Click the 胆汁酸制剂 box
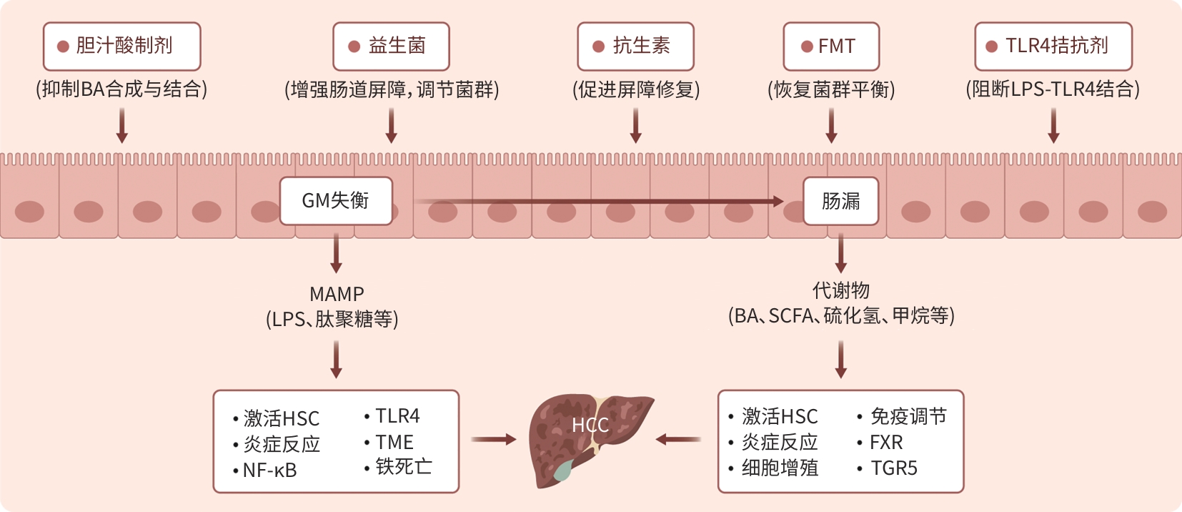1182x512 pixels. (x=121, y=46)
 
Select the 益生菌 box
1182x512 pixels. (x=391, y=46)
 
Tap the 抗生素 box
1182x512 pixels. (x=635, y=46)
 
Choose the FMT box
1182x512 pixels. (x=831, y=46)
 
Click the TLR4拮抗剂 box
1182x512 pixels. (x=1053, y=46)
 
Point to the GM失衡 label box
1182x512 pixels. (x=336, y=201)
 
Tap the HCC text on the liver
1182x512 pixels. (x=590, y=425)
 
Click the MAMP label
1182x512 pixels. (x=337, y=294)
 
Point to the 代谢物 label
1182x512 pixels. (x=841, y=290)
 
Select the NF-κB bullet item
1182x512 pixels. (x=269, y=471)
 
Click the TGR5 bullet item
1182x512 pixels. (x=894, y=468)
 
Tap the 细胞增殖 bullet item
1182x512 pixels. (x=780, y=468)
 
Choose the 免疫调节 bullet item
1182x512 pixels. (x=908, y=416)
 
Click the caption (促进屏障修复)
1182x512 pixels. (x=636, y=89)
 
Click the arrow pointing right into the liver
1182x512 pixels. (x=494, y=439)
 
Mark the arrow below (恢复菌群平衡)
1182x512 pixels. (x=831, y=126)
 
